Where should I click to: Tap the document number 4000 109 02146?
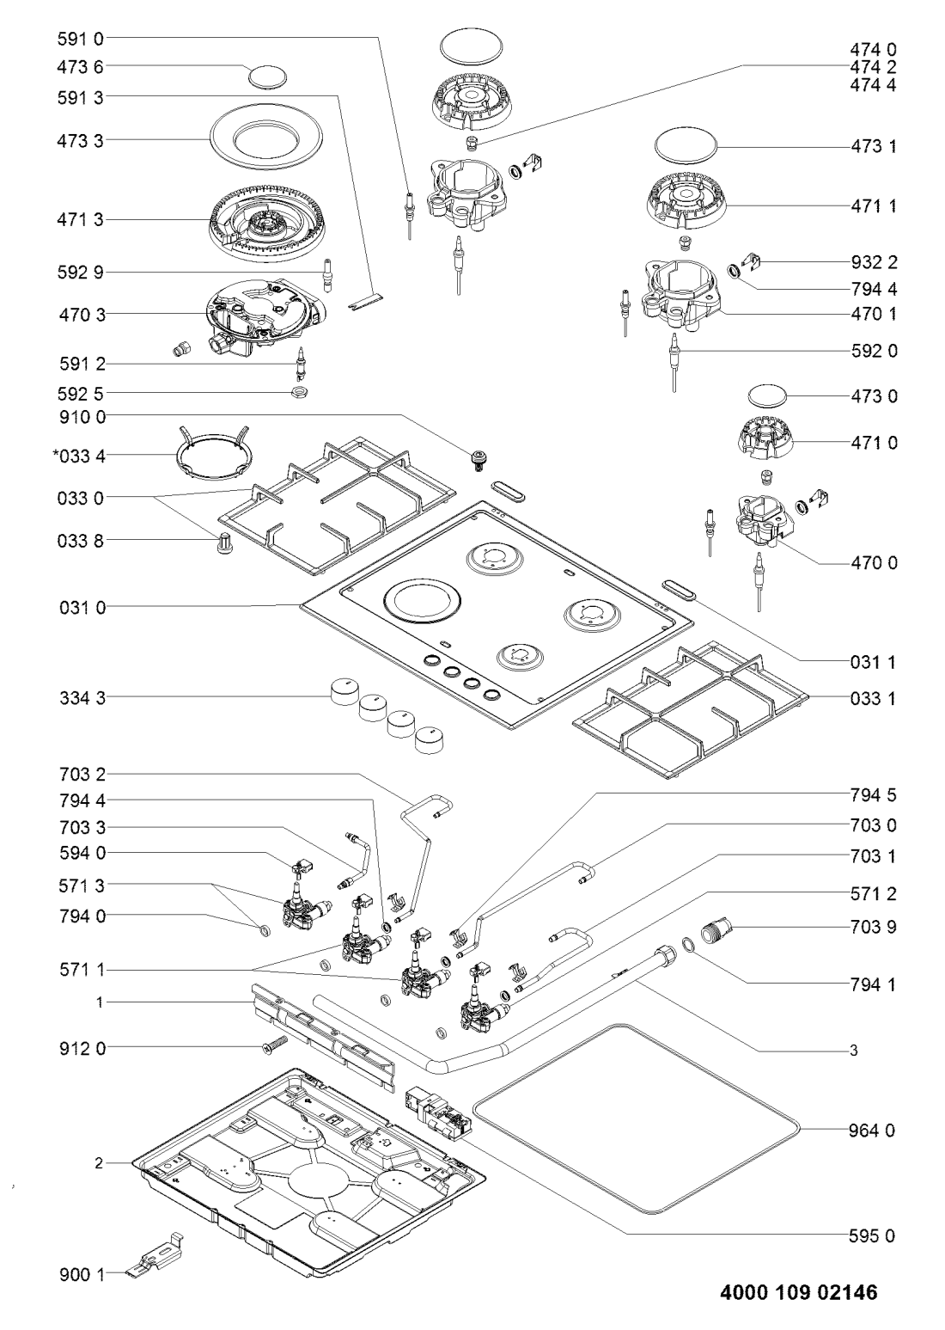pos(792,1292)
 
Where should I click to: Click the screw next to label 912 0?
pos(273,1047)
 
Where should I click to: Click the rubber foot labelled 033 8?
pos(223,544)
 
